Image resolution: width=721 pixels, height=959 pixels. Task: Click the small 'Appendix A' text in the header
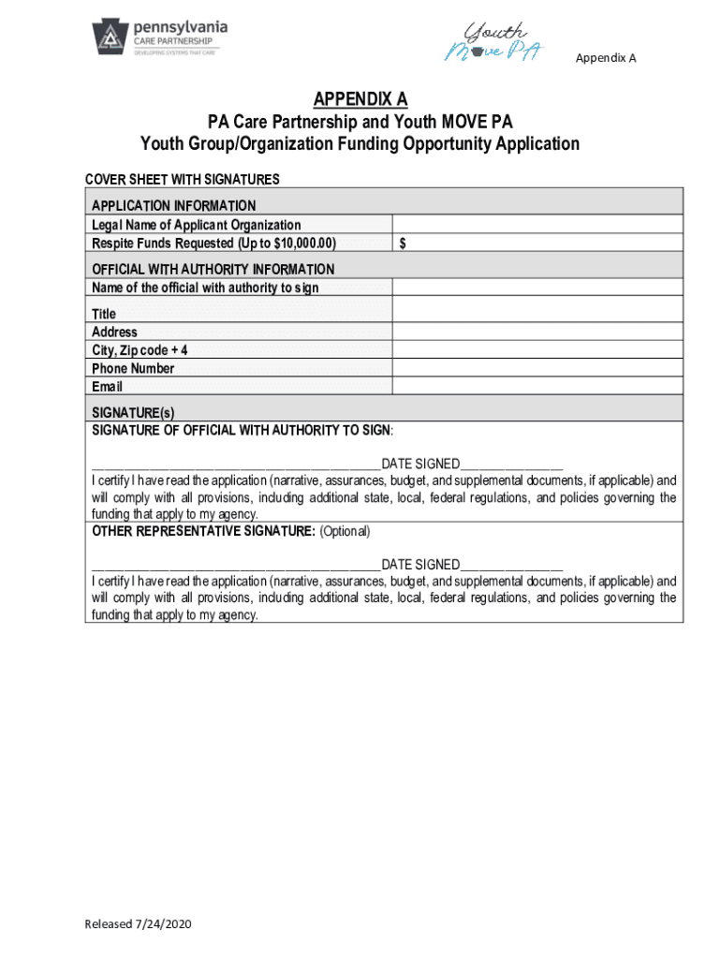[x=606, y=58]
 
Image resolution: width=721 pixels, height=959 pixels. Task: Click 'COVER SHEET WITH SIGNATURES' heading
[x=183, y=179]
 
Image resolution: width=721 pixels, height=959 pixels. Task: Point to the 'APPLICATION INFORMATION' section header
[x=173, y=205]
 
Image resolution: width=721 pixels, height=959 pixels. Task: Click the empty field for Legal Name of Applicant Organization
[x=537, y=224]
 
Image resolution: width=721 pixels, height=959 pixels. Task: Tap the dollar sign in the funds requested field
[x=403, y=243]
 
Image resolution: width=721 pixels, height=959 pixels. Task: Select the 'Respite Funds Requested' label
[x=213, y=243]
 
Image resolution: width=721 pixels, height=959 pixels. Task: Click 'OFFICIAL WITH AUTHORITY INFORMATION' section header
[x=213, y=269]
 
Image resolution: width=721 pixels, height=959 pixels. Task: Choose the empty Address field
[x=537, y=332]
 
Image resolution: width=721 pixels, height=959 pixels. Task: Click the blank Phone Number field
[x=537, y=368]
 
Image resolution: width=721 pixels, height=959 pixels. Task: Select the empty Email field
[x=537, y=386]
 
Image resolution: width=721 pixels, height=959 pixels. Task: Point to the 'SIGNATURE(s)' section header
[x=133, y=412]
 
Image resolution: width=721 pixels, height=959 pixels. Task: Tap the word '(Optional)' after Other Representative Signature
[x=345, y=532]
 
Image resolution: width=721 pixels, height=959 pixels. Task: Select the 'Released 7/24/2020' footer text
[x=138, y=924]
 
